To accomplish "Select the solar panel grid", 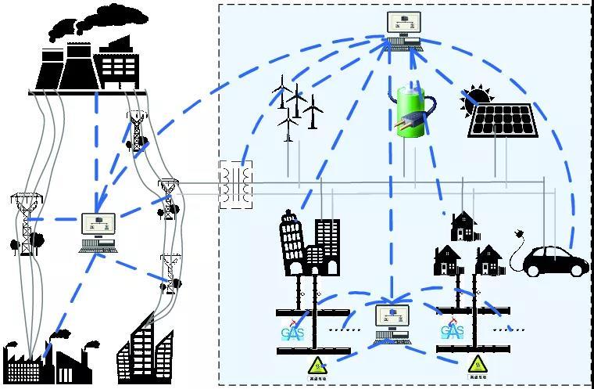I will (503, 120).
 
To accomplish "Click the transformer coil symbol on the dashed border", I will (236, 185).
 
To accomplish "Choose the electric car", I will (556, 260).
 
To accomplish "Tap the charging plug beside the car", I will (517, 234).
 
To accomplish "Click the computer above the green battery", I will (404, 30).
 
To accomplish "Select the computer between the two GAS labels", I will (392, 322).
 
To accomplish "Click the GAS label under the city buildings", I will (295, 332).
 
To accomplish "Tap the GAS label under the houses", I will (452, 332).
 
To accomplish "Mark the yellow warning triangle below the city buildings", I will (317, 364).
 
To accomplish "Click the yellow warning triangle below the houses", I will (477, 364).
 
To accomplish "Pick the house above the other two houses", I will (463, 226).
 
